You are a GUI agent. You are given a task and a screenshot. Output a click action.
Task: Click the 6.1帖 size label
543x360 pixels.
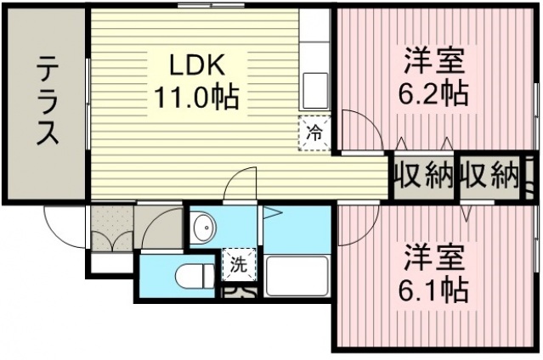[x=435, y=289]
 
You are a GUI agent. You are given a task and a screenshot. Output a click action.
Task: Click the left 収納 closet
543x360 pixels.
[x=422, y=176]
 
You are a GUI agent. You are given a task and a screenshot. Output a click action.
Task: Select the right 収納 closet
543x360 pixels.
[x=490, y=176]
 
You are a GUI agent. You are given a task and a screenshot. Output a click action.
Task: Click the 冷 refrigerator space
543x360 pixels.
[x=314, y=132]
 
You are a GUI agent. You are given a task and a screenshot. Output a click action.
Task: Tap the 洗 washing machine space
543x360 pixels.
[x=239, y=264]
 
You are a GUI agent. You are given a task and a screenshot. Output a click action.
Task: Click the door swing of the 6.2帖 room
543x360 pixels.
[x=357, y=132]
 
